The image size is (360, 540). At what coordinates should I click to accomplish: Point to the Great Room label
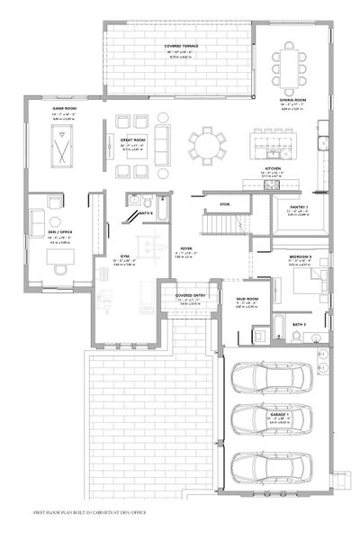click(132, 140)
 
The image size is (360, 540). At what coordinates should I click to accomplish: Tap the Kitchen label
click(274, 168)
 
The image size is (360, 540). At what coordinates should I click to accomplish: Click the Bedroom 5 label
click(301, 256)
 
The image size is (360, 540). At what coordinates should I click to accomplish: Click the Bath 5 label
click(300, 323)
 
